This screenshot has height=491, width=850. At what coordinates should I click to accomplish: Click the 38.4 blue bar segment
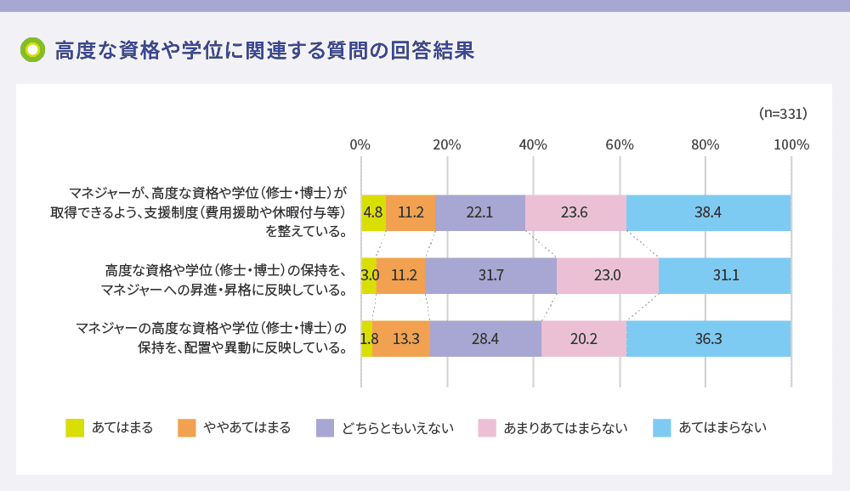708,213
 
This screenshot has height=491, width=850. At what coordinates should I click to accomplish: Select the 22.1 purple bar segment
480,213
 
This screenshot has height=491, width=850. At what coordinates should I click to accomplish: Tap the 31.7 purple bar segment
490,276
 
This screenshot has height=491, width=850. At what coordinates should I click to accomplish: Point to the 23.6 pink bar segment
575,213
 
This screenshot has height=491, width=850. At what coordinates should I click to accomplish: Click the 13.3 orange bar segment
401,339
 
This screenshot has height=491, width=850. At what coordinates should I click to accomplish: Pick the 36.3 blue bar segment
708,339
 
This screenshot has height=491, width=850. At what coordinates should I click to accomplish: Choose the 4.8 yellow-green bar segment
373,213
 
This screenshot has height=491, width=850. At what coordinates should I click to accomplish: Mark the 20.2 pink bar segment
584,339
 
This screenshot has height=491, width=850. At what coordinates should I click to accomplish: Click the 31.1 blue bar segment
724,276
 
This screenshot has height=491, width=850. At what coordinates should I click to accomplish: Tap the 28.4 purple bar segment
485,339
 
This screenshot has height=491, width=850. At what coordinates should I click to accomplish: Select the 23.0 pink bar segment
608,276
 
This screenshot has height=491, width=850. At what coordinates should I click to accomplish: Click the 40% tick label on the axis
533,144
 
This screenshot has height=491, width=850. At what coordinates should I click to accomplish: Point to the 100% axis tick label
791,144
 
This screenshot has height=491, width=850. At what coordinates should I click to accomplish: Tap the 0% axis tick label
360,144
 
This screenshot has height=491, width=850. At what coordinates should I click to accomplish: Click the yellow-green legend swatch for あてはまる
75,427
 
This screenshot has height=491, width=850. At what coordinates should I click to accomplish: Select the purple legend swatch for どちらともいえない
325,427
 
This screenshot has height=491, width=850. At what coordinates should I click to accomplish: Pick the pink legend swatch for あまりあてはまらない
487,427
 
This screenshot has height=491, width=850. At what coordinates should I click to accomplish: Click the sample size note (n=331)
782,113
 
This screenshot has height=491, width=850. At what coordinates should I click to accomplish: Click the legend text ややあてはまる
247,427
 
